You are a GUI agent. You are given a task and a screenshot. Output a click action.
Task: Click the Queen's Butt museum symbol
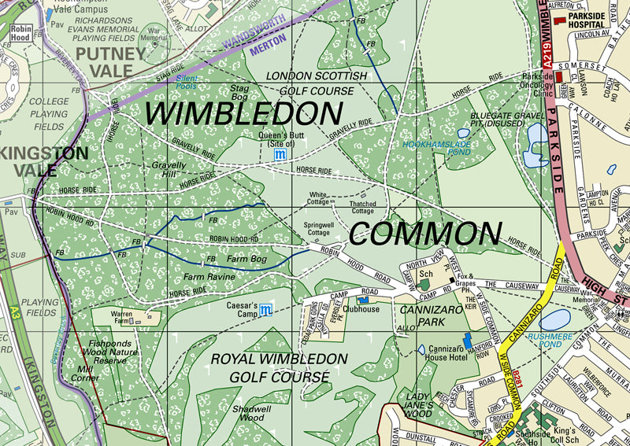(279, 156)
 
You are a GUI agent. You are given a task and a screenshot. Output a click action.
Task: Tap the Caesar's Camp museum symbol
(266, 309)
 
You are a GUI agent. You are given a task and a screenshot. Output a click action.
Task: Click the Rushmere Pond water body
(554, 319)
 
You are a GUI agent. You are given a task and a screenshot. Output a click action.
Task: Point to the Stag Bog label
(239, 92)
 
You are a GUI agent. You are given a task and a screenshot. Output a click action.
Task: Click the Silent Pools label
(186, 81)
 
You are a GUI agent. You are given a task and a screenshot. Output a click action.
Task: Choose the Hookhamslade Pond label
(437, 149)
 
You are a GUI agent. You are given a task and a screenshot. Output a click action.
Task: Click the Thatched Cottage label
(362, 208)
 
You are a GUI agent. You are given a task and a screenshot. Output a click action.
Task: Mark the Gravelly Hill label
(169, 170)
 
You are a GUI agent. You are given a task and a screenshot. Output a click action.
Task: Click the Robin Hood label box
(20, 32)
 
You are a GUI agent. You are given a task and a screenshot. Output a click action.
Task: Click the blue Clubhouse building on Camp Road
(363, 300)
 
